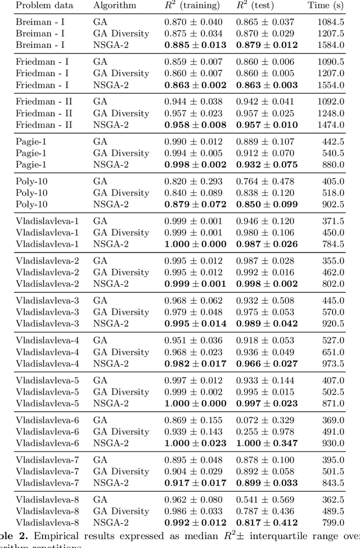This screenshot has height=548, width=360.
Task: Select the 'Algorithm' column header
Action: (x=115, y=6)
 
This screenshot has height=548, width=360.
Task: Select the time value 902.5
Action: (x=333, y=205)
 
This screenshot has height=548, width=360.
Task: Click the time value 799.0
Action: (x=333, y=523)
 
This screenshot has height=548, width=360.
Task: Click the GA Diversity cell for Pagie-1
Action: (x=121, y=153)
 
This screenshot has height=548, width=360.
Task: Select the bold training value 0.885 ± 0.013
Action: (x=195, y=45)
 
